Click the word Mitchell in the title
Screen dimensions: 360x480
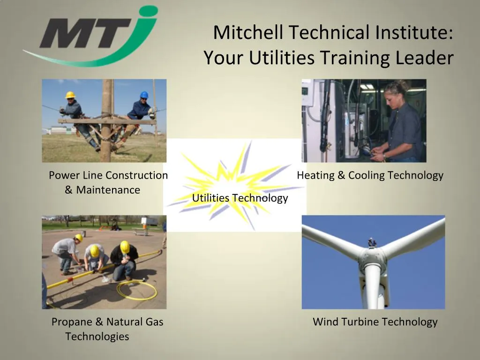[248, 33]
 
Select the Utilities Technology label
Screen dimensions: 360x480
[240, 198]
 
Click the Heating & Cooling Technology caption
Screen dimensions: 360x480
[370, 175]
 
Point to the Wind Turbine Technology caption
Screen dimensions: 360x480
[375, 322]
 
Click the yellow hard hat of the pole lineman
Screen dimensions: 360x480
[70, 95]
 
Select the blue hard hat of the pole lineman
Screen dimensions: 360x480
[144, 95]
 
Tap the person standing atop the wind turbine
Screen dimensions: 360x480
[372, 242]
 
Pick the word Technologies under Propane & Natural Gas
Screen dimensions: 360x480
[97, 337]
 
